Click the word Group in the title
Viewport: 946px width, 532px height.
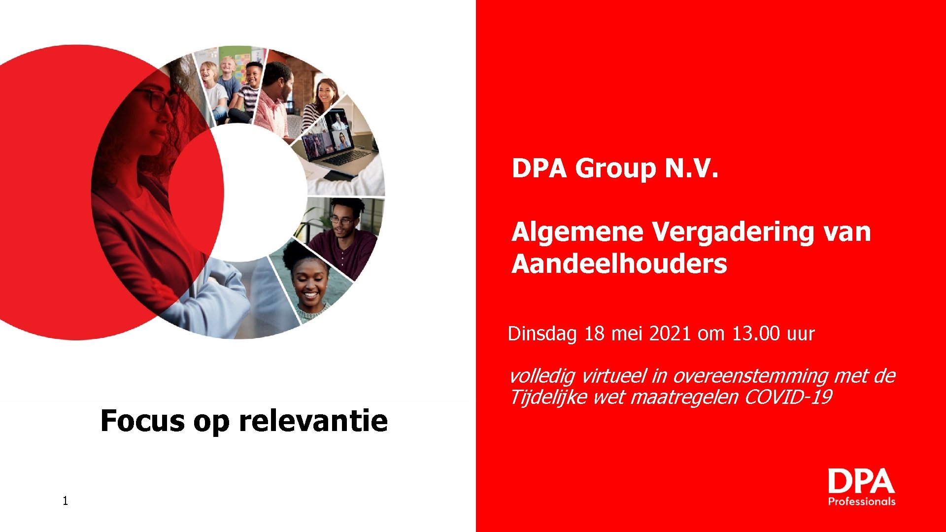point(615,169)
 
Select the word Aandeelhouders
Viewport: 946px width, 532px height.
point(619,264)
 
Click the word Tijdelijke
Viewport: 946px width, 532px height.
point(547,397)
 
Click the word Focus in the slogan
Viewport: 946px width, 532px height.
point(142,421)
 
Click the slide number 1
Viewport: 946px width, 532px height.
point(65,501)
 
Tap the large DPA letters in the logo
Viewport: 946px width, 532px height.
point(861,481)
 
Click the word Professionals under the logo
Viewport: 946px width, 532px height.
point(861,501)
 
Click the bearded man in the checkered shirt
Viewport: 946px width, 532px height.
point(274,99)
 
